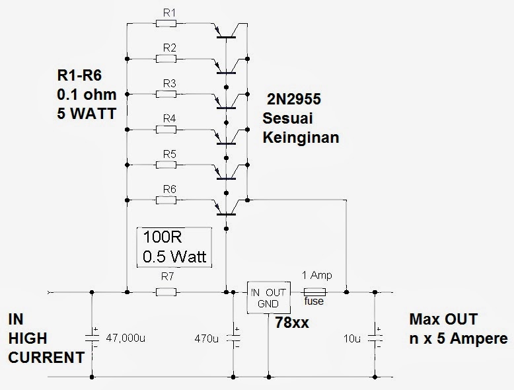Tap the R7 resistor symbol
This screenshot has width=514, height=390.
165,292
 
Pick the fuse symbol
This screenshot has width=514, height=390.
314,292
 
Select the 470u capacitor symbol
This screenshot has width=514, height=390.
233,338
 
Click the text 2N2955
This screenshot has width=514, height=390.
293,100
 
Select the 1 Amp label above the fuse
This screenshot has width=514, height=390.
316,276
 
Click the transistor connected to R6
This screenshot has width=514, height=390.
227,206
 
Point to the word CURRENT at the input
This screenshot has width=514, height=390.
46,358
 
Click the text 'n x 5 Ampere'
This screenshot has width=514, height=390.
458,338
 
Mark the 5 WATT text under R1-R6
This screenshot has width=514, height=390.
86,113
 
